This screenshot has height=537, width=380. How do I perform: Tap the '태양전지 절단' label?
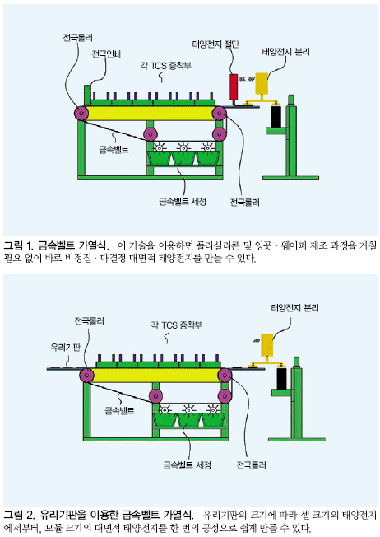coord(215,44)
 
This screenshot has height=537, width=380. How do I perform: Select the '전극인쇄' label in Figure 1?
coord(106,54)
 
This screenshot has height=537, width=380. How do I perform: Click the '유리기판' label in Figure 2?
coord(65,348)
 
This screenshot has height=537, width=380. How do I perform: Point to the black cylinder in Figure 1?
coord(276,117)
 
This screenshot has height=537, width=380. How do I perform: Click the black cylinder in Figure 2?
coord(281,378)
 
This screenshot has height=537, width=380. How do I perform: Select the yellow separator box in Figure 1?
coord(261,83)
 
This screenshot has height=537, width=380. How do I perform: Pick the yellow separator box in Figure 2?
coord(266,344)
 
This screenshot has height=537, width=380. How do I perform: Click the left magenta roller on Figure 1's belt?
coord(81,113)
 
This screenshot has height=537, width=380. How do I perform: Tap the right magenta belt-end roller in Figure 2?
coord(225,376)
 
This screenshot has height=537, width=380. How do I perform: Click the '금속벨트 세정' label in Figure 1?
coord(183,201)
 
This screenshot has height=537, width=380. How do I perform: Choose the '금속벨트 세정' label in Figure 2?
coord(187,465)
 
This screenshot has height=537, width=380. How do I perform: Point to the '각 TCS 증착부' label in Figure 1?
coord(165,65)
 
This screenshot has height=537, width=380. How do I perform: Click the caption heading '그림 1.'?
coord(18,245)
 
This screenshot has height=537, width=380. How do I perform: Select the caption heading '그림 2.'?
coord(19,515)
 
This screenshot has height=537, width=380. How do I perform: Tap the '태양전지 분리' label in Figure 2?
coord(294,307)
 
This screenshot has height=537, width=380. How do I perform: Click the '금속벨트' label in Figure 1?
coord(114,150)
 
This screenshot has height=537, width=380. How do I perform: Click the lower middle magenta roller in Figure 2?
coord(155,396)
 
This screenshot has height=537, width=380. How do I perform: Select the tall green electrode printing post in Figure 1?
coord(87,96)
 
